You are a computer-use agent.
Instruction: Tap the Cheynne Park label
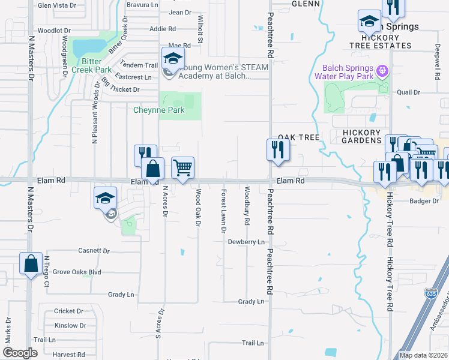click(x=159, y=110)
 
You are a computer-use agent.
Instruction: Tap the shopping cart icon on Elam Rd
click(x=182, y=167)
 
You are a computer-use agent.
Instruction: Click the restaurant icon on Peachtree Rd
click(x=278, y=149)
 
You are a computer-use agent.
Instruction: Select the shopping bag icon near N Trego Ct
click(x=31, y=263)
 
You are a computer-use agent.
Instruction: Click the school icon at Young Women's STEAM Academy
click(x=172, y=58)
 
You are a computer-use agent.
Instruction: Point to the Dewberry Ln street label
click(x=246, y=242)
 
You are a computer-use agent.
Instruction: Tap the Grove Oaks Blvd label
click(x=77, y=272)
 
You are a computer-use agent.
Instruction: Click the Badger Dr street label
click(x=424, y=201)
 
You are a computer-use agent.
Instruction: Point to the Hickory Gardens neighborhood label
click(x=362, y=136)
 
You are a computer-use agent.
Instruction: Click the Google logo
click(x=20, y=353)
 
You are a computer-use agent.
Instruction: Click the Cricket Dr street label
click(x=68, y=311)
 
